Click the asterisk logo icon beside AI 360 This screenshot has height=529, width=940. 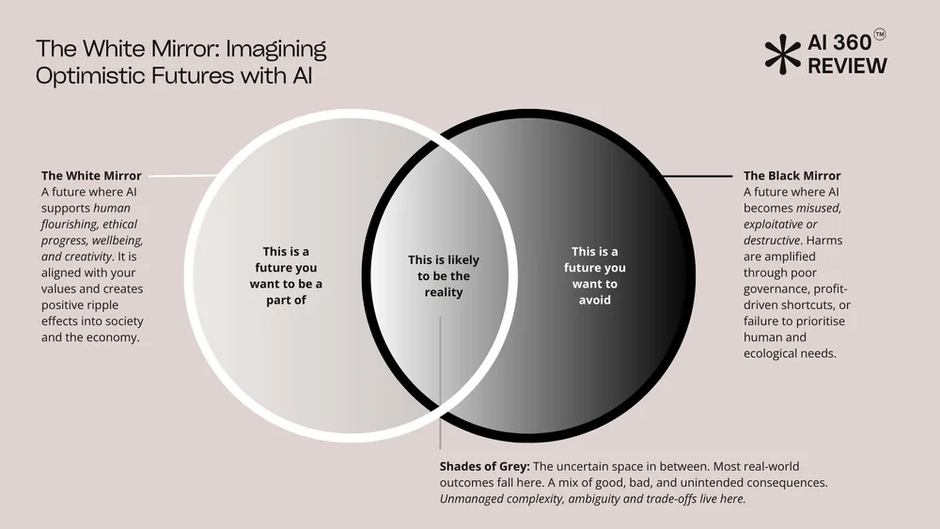tap(780, 54)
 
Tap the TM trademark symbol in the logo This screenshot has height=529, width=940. tap(880, 35)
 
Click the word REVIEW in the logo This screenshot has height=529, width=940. tap(847, 66)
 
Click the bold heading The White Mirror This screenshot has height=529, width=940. tap(91, 176)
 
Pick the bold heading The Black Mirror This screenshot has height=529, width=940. tap(791, 176)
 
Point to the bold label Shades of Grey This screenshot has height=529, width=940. tap(484, 466)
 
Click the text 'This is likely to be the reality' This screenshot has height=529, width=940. tap(443, 275)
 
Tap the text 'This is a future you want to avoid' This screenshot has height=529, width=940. tap(595, 275)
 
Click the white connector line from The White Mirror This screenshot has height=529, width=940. tap(183, 176)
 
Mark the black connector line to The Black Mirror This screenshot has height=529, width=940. tap(696, 176)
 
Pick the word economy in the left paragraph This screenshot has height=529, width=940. tap(115, 337)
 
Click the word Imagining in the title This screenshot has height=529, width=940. tap(278, 49)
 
